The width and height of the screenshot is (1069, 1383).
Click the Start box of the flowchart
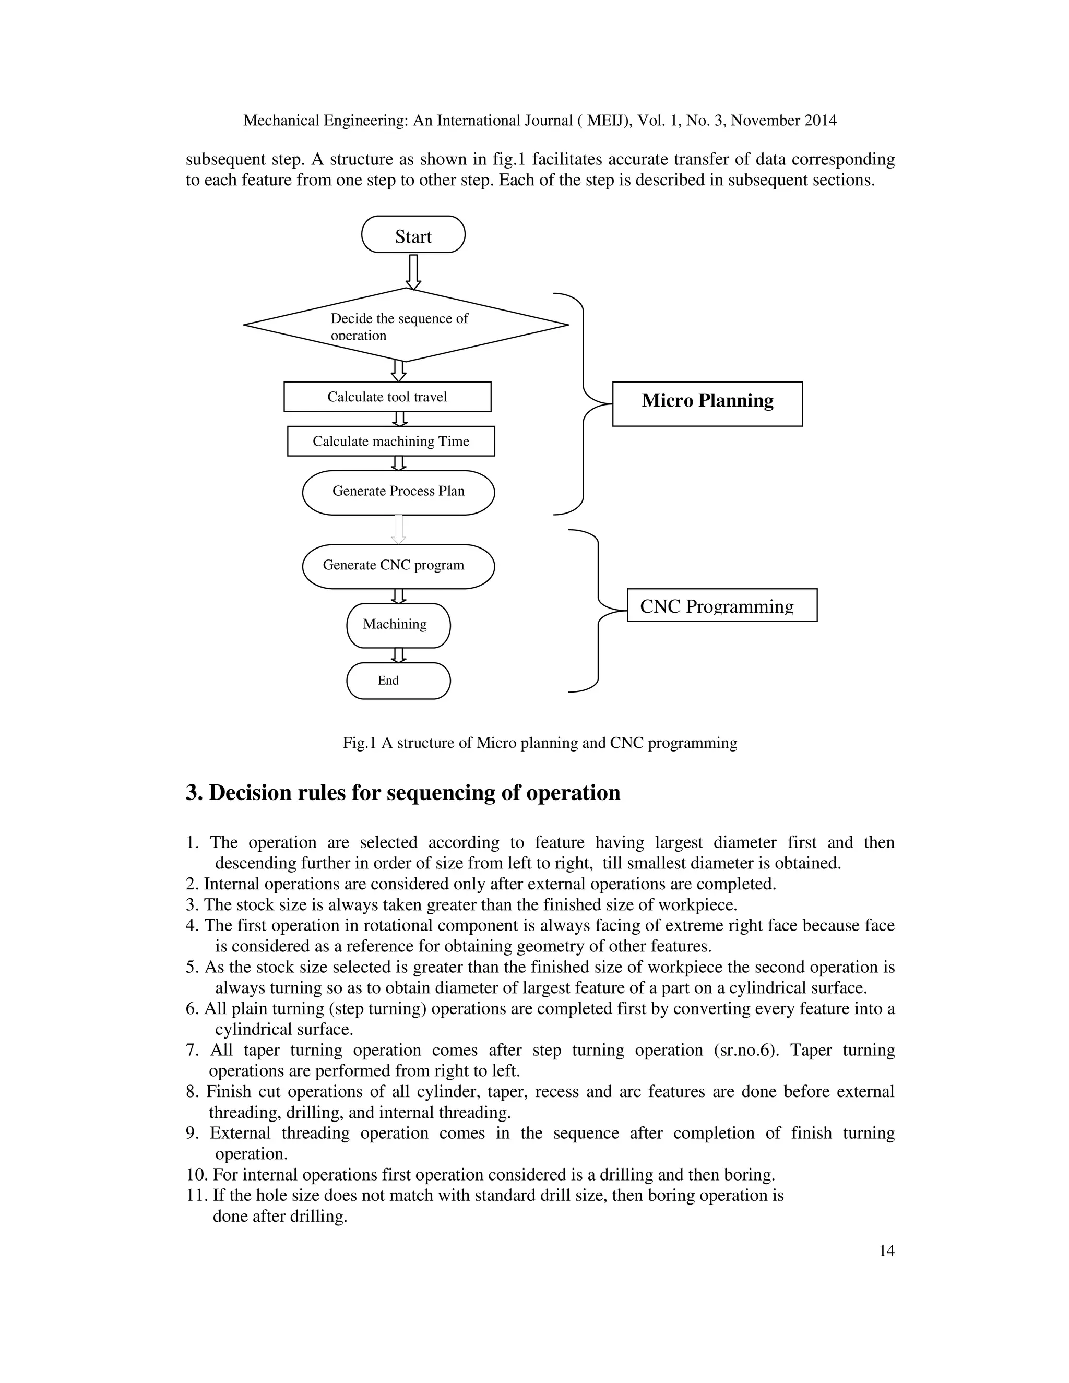click(413, 235)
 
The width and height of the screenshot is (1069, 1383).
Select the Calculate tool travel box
click(387, 397)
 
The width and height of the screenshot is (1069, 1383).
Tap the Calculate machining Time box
click(391, 442)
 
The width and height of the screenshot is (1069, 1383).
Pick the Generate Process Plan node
click(398, 492)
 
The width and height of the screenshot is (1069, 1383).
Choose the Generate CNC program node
click(398, 566)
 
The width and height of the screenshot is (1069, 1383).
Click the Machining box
click(398, 625)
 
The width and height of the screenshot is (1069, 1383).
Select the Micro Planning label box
click(707, 403)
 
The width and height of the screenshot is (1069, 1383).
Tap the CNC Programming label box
click(721, 605)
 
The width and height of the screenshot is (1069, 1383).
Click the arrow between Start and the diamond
click(413, 271)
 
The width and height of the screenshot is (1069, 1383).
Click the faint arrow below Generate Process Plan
click(398, 529)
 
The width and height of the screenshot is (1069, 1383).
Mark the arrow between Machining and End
click(398, 655)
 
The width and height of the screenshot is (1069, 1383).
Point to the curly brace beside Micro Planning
click(583, 403)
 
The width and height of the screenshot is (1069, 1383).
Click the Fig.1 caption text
click(540, 743)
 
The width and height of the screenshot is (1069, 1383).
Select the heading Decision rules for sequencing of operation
click(403, 793)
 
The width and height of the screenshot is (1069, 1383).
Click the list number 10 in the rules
click(196, 1175)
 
